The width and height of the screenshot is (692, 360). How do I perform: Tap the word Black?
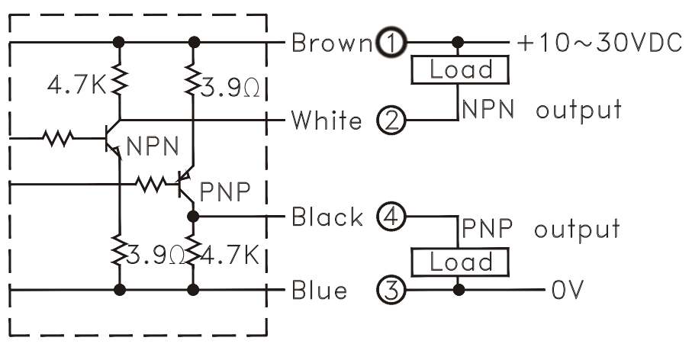(328, 218)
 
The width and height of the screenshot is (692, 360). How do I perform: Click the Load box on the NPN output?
(460, 70)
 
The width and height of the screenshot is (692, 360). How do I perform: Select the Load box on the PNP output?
(460, 263)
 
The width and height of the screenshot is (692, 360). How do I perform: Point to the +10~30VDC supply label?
(600, 43)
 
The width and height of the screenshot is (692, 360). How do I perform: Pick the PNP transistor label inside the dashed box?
(225, 192)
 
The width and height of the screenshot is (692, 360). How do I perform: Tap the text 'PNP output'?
(539, 228)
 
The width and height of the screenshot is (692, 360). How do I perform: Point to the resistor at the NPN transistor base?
(59, 139)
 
